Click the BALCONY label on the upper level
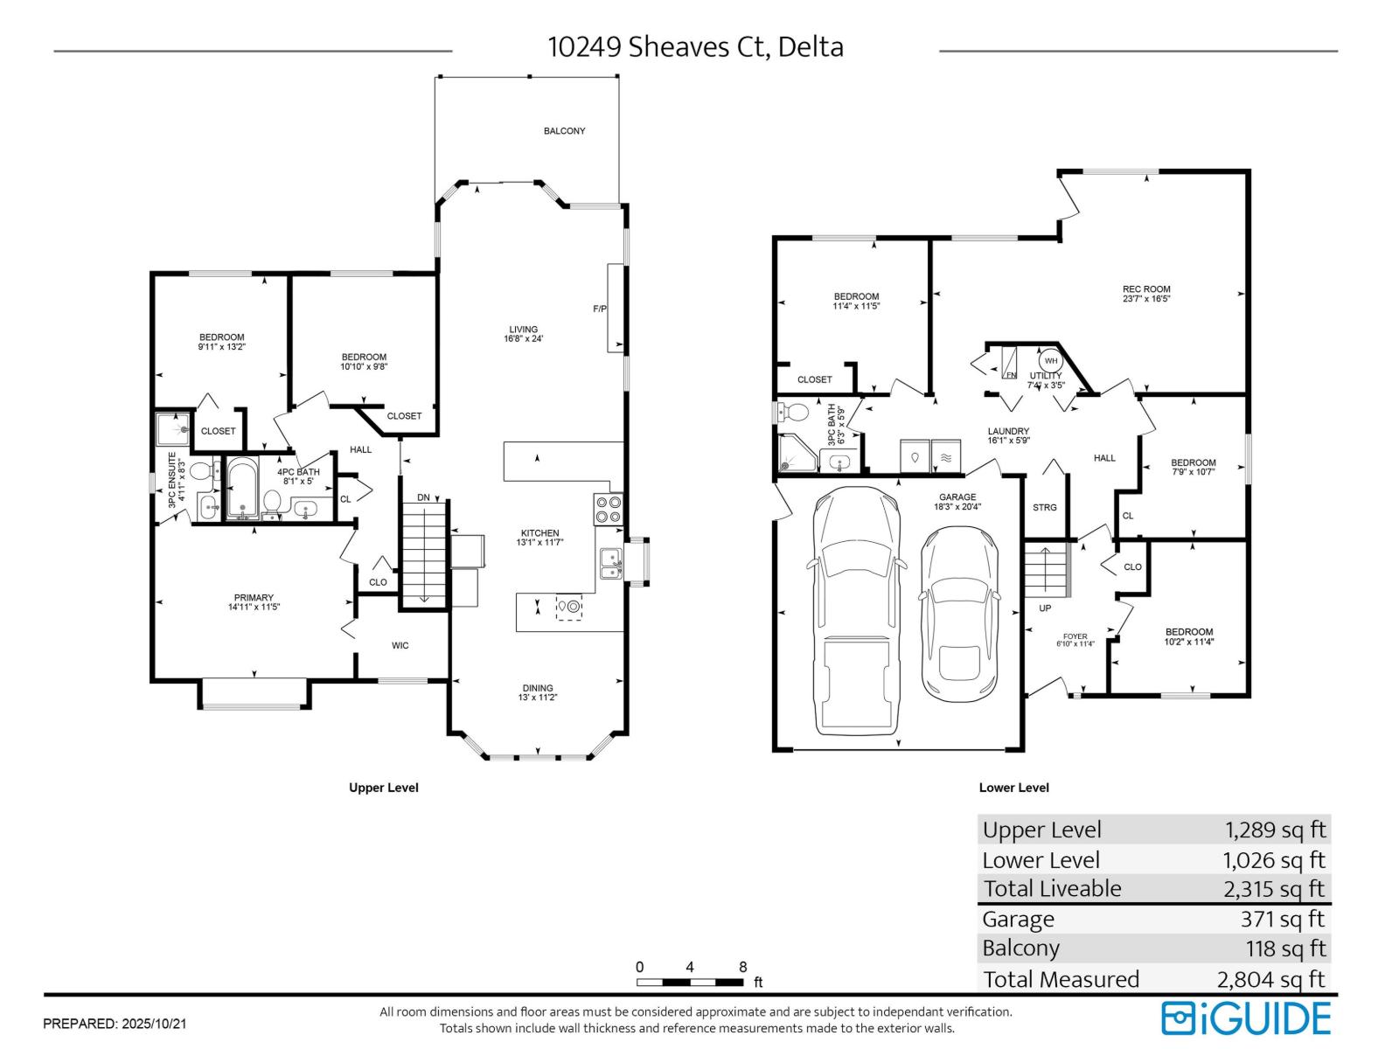coord(564,131)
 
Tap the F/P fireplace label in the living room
coord(600,309)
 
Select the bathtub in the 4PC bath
coord(242,488)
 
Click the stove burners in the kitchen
coord(608,509)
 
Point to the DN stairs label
coord(423,497)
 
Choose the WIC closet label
coord(400,646)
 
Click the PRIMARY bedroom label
coord(254,598)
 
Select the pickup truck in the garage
coord(857,611)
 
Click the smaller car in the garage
coord(958,615)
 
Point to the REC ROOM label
coord(1146,289)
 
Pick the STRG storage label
coord(1045,508)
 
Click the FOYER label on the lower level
coord(1075,636)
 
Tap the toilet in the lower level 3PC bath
coord(793,411)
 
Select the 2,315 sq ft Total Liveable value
coord(1275,889)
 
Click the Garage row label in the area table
coord(1018,920)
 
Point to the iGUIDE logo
coord(1246,1018)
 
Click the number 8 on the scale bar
coord(743,967)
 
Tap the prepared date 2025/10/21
coord(156,1023)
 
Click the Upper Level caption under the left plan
coord(384,788)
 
